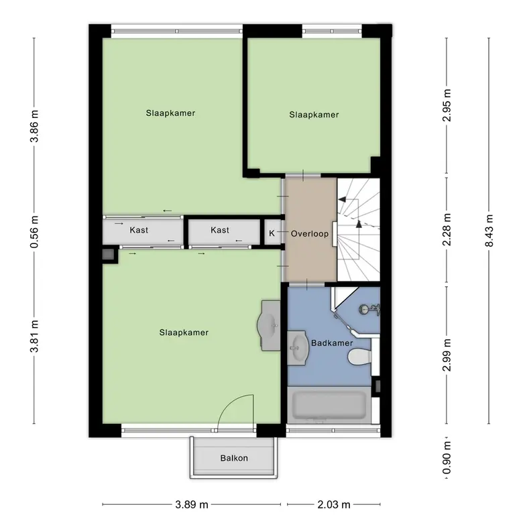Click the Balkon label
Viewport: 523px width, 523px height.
pos(234,458)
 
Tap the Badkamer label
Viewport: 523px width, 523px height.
pos(332,343)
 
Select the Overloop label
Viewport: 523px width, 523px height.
pos(310,233)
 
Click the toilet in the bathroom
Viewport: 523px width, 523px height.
pos(359,357)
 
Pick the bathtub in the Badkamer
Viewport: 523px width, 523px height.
pos(329,405)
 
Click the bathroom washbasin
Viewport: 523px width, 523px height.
pos(298,348)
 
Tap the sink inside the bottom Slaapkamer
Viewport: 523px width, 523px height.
pos(268,325)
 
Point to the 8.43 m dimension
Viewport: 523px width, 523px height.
pos(489,231)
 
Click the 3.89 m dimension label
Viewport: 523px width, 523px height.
pos(192,504)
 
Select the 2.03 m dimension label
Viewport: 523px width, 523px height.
pos(334,504)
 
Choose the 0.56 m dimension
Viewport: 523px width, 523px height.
pos(34,232)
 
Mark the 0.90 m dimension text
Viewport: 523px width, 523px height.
pos(447,457)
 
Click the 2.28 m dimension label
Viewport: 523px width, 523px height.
pos(447,229)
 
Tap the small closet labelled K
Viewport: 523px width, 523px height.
pos(272,233)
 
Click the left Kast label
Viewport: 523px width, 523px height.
pos(139,230)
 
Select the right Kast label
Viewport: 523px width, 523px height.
pos(220,230)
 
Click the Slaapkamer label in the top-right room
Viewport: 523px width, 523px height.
pos(314,115)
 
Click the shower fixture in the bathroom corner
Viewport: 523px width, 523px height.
pos(369,310)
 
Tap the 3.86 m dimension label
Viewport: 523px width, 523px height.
pos(34,126)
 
